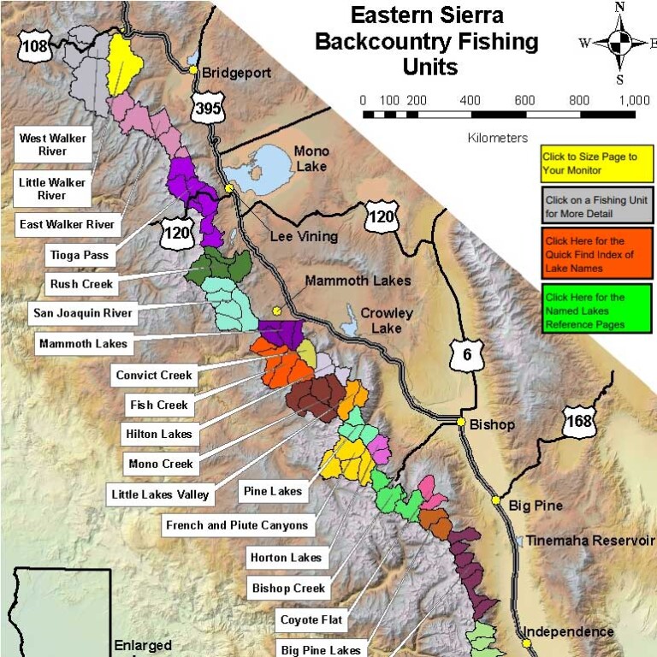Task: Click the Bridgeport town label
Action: pyautogui.click(x=235, y=73)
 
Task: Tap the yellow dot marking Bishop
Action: pyautogui.click(x=461, y=423)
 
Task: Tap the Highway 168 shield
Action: pyautogui.click(x=577, y=420)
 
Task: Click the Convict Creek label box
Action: pyautogui.click(x=155, y=375)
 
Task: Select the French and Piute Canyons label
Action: pyautogui.click(x=237, y=525)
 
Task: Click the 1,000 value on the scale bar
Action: pyautogui.click(x=633, y=100)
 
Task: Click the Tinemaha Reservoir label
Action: pyautogui.click(x=589, y=541)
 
